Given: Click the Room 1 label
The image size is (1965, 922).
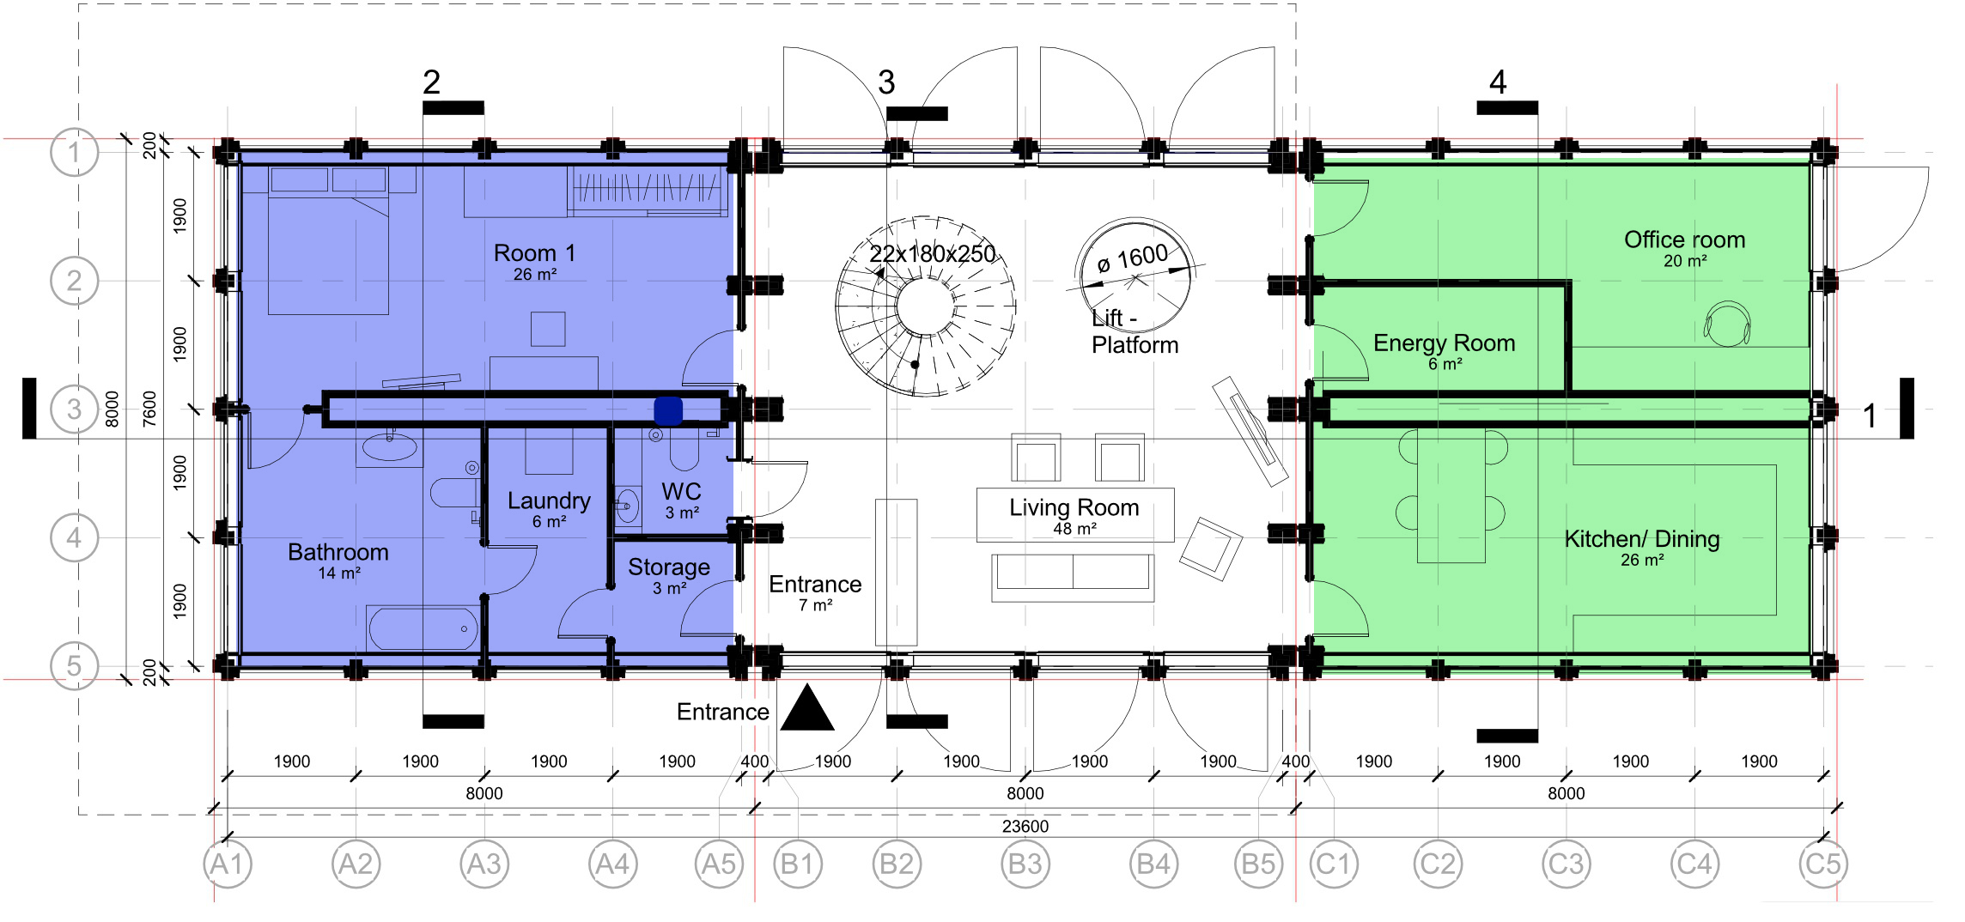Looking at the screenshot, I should click(x=534, y=254).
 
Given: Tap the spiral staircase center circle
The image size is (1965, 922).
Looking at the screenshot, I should click(x=925, y=306).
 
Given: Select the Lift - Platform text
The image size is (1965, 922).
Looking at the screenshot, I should click(x=1134, y=331).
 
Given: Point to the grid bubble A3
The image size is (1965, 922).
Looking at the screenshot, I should click(x=484, y=864).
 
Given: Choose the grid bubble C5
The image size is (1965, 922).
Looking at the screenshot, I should click(x=1822, y=864).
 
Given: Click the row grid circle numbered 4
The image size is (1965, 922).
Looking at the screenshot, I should click(x=74, y=537).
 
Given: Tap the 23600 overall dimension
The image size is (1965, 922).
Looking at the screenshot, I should click(x=1025, y=826).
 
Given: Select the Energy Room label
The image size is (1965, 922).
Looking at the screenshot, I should click(x=1444, y=343).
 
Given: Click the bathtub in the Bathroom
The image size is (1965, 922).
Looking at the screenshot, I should click(x=423, y=628).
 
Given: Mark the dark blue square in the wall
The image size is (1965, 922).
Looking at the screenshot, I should click(x=668, y=410).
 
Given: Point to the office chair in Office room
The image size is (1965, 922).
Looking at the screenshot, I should click(x=1727, y=325).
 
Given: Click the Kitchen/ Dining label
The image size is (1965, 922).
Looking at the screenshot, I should click(x=1641, y=539).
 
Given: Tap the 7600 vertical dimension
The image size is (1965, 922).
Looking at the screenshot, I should click(x=149, y=409).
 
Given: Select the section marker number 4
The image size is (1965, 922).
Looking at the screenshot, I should click(x=1498, y=82).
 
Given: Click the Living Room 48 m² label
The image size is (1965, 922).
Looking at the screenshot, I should click(x=1074, y=515).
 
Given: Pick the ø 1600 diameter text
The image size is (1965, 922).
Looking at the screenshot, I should click(x=1133, y=258).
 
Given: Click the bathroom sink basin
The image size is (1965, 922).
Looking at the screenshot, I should click(x=389, y=447).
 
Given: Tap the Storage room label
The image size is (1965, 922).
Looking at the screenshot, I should click(x=668, y=567).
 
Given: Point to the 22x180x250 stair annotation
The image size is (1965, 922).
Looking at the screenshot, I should click(x=932, y=254).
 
